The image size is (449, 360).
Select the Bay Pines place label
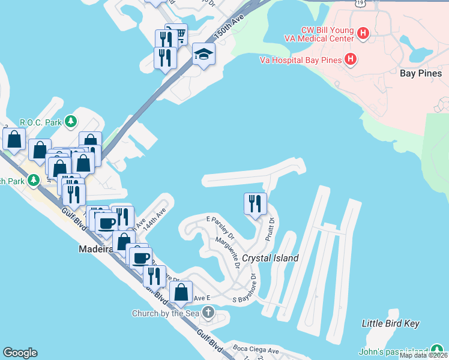[x=421, y=73]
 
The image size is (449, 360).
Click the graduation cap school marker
[x=203, y=55]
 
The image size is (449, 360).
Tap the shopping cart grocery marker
[x=176, y=35]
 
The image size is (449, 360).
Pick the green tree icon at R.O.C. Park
[x=71, y=122]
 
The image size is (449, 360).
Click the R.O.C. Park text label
[x=41, y=122]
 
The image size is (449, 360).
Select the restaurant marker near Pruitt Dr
[x=255, y=204]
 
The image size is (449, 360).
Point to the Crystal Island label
[x=270, y=258]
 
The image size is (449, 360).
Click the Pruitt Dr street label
[x=271, y=229]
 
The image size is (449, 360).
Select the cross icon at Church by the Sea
[x=208, y=313]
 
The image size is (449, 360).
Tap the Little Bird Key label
[x=390, y=323]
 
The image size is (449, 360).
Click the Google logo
[x=20, y=353]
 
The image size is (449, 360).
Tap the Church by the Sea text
[x=167, y=313]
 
